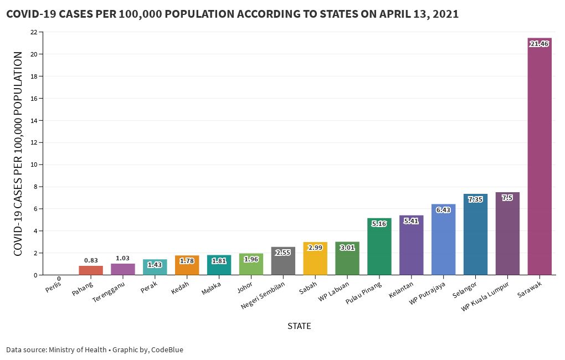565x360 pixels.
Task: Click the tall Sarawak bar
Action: [x=540, y=161]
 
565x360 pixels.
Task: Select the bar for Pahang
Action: [x=91, y=270]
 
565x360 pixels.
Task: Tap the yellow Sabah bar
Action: [x=315, y=260]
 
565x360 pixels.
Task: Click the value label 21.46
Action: [x=539, y=44]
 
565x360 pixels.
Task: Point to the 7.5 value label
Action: [x=507, y=197]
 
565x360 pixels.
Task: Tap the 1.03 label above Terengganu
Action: [x=122, y=258]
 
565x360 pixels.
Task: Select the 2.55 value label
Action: [x=283, y=252]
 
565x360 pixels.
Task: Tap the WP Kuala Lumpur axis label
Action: [x=485, y=297]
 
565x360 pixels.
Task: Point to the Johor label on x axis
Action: [x=245, y=288]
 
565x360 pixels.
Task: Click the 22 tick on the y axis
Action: [x=34, y=32]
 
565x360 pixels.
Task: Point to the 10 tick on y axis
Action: [x=34, y=164]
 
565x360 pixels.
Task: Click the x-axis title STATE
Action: [x=299, y=326]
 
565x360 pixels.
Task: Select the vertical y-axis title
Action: [x=18, y=154]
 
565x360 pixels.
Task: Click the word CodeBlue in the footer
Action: [x=167, y=349]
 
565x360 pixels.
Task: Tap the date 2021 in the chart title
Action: [x=445, y=14]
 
